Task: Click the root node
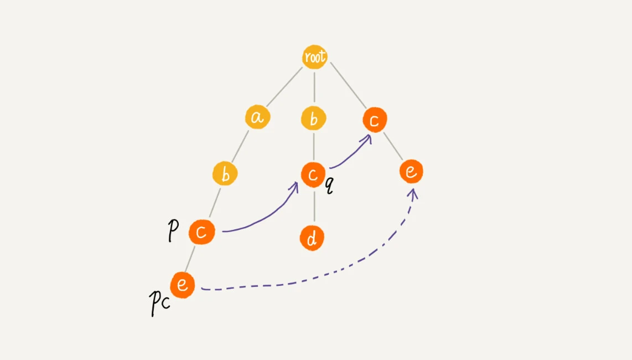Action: pyautogui.click(x=314, y=56)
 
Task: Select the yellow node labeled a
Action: pyautogui.click(x=257, y=117)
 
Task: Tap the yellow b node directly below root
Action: pyautogui.click(x=314, y=119)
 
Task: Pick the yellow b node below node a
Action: pyautogui.click(x=225, y=173)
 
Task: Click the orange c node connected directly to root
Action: pyautogui.click(x=375, y=120)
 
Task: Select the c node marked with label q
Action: pyautogui.click(x=313, y=175)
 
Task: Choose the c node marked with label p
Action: pyautogui.click(x=201, y=232)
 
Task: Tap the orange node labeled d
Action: pyautogui.click(x=312, y=238)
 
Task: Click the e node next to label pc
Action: pyautogui.click(x=183, y=285)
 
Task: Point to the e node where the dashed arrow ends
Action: pyautogui.click(x=411, y=171)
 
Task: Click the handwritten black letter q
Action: pyautogui.click(x=329, y=186)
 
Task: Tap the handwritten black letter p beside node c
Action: pyautogui.click(x=173, y=231)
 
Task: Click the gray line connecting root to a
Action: pyautogui.click(x=284, y=87)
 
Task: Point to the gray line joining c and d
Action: pyautogui.click(x=314, y=207)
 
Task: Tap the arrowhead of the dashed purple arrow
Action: pyautogui.click(x=412, y=194)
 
